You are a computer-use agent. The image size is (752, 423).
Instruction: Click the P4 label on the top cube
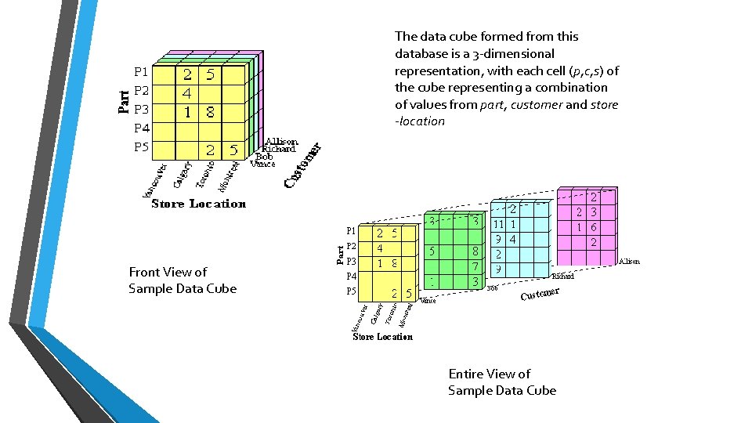[141, 128]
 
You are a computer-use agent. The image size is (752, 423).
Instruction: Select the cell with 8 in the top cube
[210, 112]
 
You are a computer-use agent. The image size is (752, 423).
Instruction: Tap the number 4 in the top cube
[187, 93]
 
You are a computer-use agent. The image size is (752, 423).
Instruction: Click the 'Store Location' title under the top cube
[198, 204]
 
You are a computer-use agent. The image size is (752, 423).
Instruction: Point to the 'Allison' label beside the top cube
[280, 142]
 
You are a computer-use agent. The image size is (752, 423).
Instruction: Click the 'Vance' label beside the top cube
[262, 164]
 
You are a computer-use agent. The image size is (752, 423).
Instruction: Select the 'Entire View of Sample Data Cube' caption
[501, 382]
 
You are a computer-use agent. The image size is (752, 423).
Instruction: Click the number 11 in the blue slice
[497, 224]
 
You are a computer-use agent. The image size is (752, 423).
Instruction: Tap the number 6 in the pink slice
[594, 227]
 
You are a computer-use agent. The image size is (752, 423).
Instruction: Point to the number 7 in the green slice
[475, 267]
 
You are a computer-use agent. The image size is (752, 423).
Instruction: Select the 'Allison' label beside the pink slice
[629, 262]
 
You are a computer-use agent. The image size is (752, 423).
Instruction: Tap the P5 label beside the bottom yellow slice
[351, 291]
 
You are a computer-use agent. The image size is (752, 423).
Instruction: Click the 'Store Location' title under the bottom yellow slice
[382, 337]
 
